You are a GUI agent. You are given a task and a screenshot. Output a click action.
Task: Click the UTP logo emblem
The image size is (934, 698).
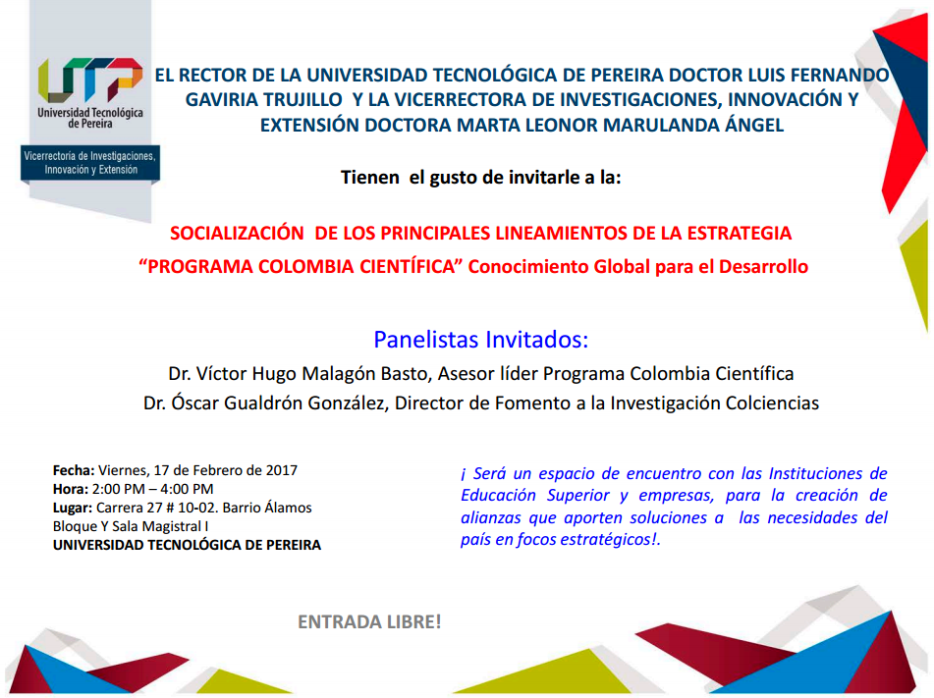pyautogui.click(x=90, y=80)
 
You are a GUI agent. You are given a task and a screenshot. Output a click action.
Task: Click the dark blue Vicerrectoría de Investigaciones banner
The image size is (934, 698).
pyautogui.click(x=90, y=163)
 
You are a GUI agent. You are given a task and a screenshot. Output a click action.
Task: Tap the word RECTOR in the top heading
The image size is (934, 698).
pyautogui.click(x=213, y=76)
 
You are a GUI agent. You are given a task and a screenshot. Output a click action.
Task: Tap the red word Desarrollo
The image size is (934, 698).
pyautogui.click(x=763, y=267)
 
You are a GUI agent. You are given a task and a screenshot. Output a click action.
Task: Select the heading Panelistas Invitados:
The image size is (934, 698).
pyautogui.click(x=480, y=340)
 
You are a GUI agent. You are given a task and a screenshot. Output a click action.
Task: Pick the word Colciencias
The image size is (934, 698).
pyautogui.click(x=772, y=403)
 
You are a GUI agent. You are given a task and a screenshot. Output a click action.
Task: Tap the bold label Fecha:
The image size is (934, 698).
pyautogui.click(x=74, y=470)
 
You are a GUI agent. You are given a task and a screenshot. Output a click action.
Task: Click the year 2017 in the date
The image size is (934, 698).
pyautogui.click(x=282, y=470)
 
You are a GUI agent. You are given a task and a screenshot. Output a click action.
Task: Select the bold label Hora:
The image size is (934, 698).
pyautogui.click(x=71, y=489)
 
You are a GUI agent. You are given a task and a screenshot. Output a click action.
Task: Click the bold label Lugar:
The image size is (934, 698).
pyautogui.click(x=73, y=508)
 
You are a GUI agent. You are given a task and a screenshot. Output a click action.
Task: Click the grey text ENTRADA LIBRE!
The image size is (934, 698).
pyautogui.click(x=369, y=621)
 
